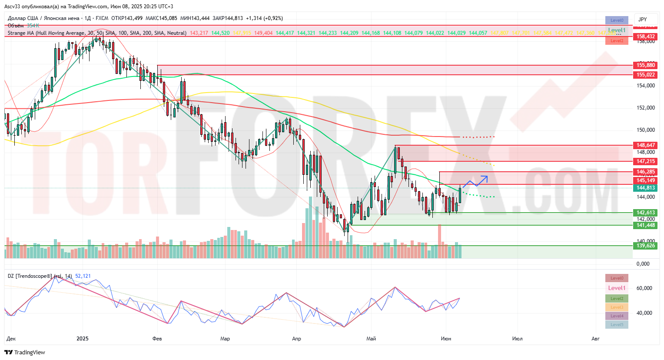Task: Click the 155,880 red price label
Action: pos(646,65)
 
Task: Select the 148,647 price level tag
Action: pos(646,145)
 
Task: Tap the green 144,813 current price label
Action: pos(646,188)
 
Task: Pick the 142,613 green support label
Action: pos(646,213)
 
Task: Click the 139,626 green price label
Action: pos(646,246)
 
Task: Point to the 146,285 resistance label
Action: pos(646,172)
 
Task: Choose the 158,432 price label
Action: pos(646,37)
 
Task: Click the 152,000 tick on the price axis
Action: pos(646,108)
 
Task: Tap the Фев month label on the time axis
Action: pos(157,338)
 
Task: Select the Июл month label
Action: pos(517,338)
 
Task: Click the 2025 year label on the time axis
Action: pos(82,338)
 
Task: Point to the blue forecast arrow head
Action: pos(485,177)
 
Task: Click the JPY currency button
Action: pos(643,20)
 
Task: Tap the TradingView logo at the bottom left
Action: pos(25,352)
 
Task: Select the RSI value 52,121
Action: pos(83,276)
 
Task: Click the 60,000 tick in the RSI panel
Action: pos(644,288)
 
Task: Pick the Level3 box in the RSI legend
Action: pos(617,307)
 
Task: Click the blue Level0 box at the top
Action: pos(617,20)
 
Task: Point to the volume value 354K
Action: pos(33,26)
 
